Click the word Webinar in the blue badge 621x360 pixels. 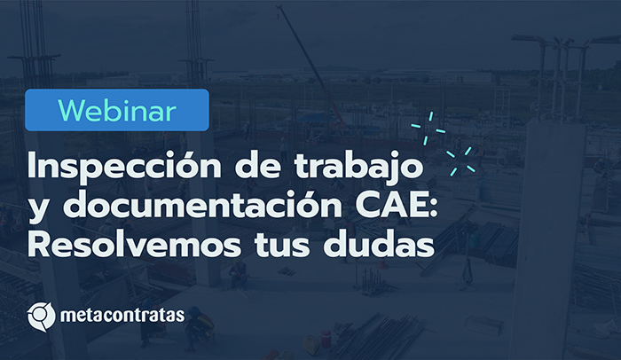[117, 111]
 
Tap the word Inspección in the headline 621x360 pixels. [124, 167]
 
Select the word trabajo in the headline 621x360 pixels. [358, 167]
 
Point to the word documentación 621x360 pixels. [203, 204]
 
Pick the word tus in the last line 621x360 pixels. [282, 246]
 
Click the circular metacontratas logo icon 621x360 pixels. [41, 317]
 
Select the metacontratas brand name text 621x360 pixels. [122, 316]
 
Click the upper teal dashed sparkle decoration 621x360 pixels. [428, 129]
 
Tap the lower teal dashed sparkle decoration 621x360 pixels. [461, 160]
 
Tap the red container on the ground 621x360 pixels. [326, 339]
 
